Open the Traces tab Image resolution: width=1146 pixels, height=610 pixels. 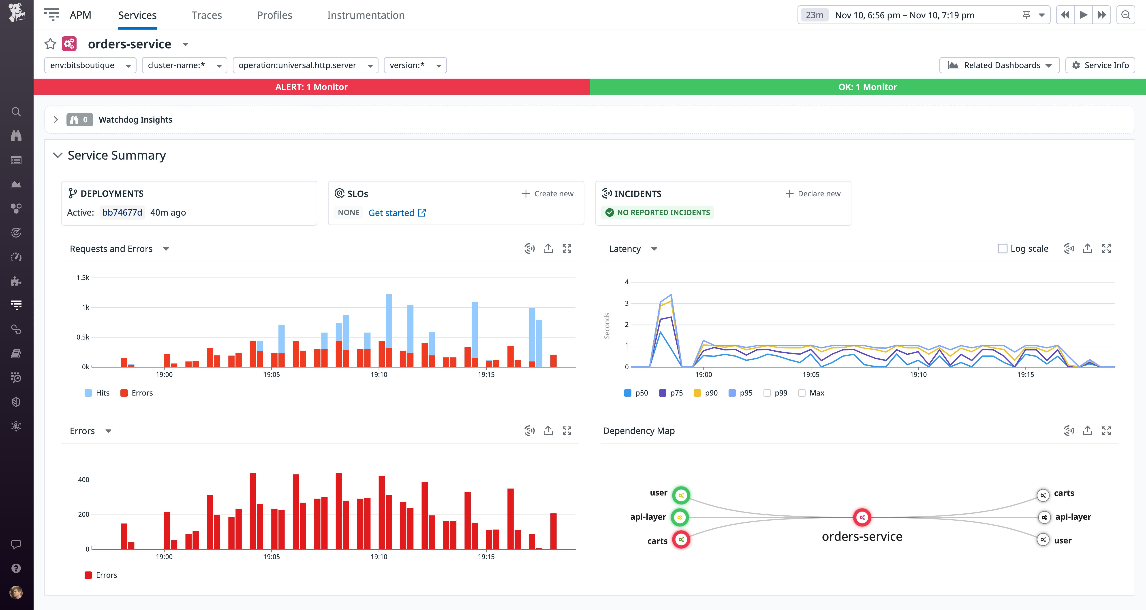[206, 15]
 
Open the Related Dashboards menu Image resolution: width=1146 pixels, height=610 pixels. [999, 65]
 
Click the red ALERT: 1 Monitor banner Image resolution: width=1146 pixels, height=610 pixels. [311, 87]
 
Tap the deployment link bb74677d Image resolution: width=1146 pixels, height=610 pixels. [122, 212]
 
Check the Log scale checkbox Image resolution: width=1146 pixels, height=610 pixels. [1002, 249]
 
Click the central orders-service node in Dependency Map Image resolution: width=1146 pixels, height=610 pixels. [862, 517]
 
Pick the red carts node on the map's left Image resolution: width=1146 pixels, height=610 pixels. [681, 540]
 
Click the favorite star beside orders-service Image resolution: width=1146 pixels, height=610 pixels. [50, 44]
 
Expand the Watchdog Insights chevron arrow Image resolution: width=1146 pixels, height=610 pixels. [56, 120]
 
